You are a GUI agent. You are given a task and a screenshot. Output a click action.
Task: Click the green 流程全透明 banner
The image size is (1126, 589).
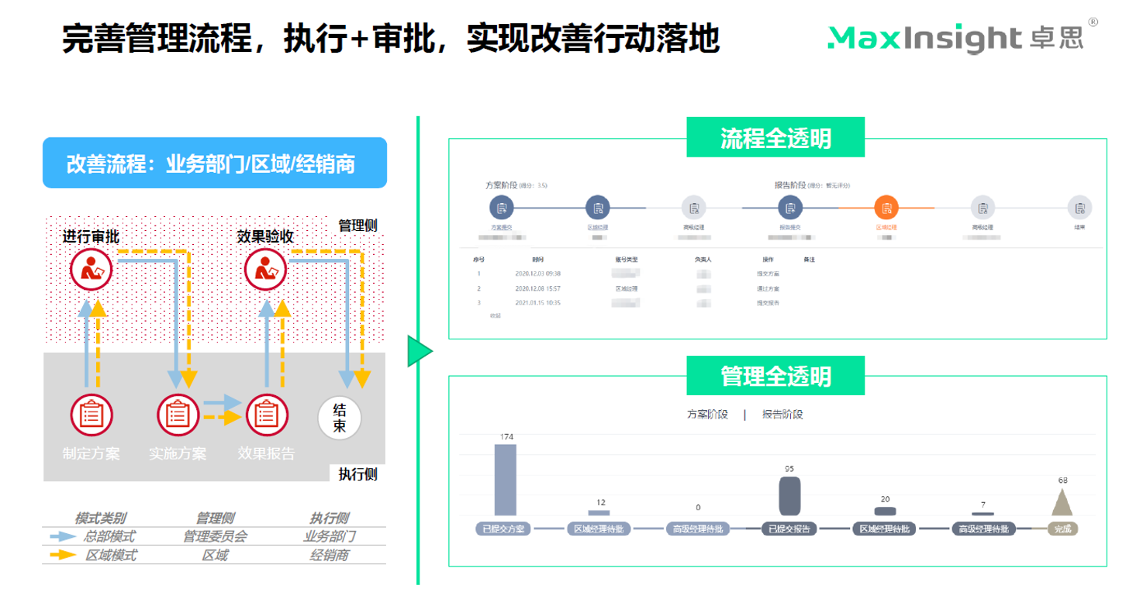(x=775, y=138)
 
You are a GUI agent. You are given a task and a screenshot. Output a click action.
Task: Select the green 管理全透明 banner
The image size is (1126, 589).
(x=775, y=376)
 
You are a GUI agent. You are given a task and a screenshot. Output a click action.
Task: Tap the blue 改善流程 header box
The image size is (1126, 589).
(x=214, y=164)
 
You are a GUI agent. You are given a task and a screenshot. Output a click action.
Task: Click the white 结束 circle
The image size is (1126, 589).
(x=340, y=418)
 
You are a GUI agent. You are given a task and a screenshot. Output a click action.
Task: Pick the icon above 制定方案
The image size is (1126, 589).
(x=92, y=415)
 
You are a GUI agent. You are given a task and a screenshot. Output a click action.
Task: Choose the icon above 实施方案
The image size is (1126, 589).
(x=178, y=415)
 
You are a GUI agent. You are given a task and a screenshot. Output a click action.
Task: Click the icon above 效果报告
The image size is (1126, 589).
(x=267, y=415)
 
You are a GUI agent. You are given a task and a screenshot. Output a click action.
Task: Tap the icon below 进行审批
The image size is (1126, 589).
(x=92, y=269)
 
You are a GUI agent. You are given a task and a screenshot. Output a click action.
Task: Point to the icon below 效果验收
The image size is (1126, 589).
(x=266, y=269)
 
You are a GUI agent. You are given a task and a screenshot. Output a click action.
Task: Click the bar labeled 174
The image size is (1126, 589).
(x=505, y=480)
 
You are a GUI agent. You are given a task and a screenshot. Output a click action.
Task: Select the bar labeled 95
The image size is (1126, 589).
(x=789, y=495)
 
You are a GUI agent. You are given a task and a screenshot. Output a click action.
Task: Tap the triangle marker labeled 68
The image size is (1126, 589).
(x=1062, y=501)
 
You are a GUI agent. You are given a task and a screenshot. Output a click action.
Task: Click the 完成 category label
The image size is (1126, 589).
(x=1062, y=529)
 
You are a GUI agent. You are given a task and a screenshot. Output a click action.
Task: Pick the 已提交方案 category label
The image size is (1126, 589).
(x=503, y=529)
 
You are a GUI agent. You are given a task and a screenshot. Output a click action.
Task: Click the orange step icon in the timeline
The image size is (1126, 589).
(x=886, y=208)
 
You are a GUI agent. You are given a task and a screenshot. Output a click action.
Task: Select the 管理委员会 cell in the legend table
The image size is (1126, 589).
(x=215, y=536)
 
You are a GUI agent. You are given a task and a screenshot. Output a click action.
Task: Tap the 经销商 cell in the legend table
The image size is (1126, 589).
(x=330, y=555)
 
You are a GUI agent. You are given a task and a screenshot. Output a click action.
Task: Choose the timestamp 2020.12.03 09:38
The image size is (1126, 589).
(x=537, y=274)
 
